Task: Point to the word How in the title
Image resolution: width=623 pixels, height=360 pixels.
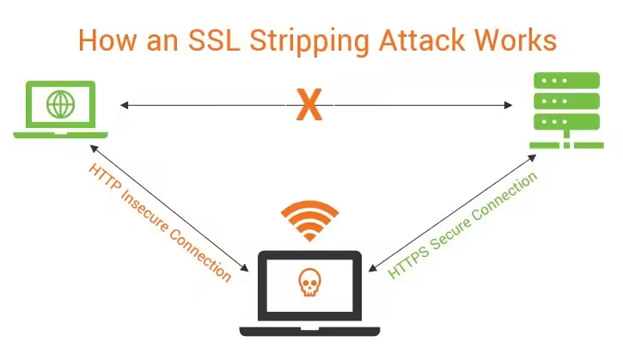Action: (102, 40)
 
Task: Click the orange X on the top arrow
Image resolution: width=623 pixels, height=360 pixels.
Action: (308, 105)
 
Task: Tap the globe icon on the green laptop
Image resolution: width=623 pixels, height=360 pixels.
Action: (60, 105)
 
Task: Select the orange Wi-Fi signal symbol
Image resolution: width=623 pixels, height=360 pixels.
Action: (309, 222)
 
